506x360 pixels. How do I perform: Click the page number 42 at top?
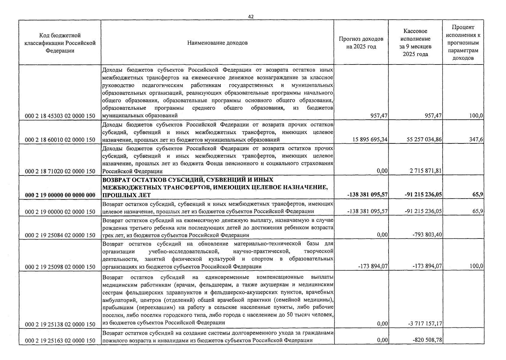pyautogui.click(x=251, y=17)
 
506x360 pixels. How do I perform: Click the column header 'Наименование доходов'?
pyautogui.click(x=217, y=43)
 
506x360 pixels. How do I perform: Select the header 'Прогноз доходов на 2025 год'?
pyautogui.click(x=361, y=43)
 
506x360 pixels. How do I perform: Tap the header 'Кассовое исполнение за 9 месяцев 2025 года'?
pyautogui.click(x=415, y=43)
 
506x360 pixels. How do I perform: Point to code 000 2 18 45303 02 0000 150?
pyautogui.click(x=60, y=116)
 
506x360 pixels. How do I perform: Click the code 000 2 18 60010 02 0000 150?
pyautogui.click(x=60, y=140)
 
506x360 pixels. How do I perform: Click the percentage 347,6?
pyautogui.click(x=476, y=139)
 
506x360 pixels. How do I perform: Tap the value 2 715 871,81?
pyautogui.click(x=426, y=171)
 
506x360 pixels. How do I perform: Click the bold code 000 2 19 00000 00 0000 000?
pyautogui.click(x=60, y=195)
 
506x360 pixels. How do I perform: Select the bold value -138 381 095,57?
pyautogui.click(x=367, y=195)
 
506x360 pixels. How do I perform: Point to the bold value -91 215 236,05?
pyautogui.click(x=423, y=195)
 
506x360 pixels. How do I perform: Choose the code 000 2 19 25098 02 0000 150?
pyautogui.click(x=60, y=267)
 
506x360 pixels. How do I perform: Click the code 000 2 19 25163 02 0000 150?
pyautogui.click(x=60, y=340)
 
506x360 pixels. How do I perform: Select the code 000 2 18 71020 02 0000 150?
pyautogui.click(x=60, y=171)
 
